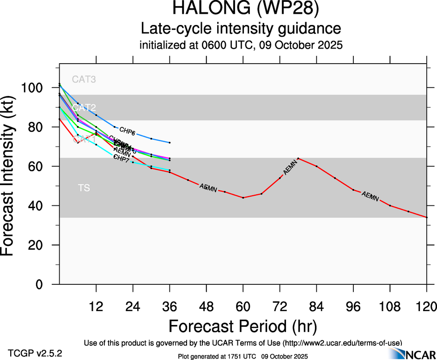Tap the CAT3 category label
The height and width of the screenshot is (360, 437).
[x=84, y=79]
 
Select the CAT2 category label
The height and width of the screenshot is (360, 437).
[x=84, y=108]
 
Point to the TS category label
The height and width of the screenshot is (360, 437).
[x=84, y=188]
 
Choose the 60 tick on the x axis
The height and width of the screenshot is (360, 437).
[x=243, y=306]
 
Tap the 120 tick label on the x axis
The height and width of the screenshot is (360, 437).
[x=426, y=306]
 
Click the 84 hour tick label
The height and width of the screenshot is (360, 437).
[x=316, y=306]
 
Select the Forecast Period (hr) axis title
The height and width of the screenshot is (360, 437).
[x=243, y=326]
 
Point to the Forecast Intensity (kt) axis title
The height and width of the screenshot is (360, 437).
[x=12, y=175]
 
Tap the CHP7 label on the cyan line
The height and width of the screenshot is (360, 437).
[x=121, y=159]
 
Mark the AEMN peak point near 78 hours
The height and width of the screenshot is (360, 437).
[x=298, y=158]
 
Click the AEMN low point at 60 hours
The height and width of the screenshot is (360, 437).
[x=243, y=198]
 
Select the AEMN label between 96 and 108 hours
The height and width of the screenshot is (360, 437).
[x=370, y=196]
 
